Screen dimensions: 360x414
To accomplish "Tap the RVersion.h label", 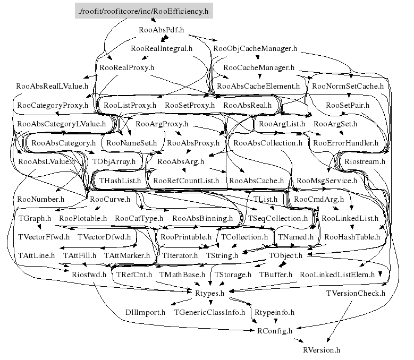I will (321, 350).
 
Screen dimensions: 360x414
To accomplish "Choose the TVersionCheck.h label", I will (356, 293).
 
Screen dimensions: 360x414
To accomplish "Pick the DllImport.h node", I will (145, 312).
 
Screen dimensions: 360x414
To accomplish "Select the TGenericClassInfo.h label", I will (210, 312).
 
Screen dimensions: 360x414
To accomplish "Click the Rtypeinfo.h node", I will (274, 312).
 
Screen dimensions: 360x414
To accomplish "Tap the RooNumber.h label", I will (40, 199).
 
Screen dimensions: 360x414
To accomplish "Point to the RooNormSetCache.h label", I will (348, 85).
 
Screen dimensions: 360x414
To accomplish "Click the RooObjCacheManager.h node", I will (255, 49).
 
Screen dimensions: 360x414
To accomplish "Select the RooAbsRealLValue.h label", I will (52, 85).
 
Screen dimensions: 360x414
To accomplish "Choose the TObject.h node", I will (285, 255).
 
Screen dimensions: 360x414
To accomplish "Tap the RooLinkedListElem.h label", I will (337, 275).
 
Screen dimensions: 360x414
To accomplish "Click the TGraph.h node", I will (35, 218).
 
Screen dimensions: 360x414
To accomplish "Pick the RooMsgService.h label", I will (327, 181).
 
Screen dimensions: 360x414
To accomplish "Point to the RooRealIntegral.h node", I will (161, 49).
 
